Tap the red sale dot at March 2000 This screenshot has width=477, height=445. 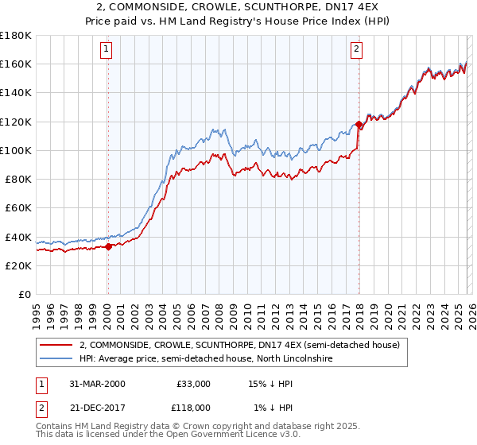point(109,247)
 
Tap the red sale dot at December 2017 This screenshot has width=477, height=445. point(359,125)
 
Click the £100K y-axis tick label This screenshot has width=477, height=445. point(16,150)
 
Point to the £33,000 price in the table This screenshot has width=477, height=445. point(193,384)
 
